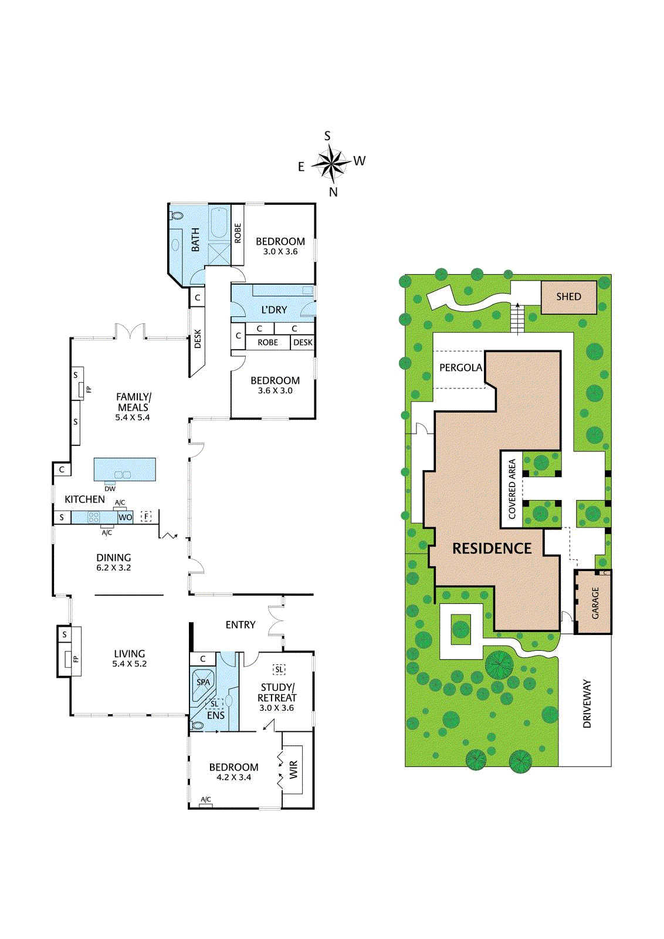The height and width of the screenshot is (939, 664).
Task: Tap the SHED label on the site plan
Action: tap(568, 297)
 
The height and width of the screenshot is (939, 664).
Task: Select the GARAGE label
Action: tap(595, 603)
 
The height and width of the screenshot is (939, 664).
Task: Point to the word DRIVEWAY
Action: tap(587, 704)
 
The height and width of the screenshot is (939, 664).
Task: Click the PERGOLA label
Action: tap(460, 368)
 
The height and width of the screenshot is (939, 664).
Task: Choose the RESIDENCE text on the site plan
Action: tap(492, 549)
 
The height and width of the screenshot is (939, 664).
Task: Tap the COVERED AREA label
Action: tap(512, 489)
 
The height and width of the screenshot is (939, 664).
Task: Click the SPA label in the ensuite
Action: tap(203, 683)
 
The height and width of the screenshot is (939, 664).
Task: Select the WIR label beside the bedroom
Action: tap(293, 769)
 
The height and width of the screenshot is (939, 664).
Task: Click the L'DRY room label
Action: tap(274, 310)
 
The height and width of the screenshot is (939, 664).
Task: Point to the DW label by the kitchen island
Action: tap(110, 489)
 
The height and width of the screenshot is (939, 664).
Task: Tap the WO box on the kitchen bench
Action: tap(125, 518)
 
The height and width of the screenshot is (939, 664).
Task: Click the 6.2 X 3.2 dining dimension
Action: tap(114, 568)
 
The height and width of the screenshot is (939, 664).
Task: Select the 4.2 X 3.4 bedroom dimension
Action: tap(233, 778)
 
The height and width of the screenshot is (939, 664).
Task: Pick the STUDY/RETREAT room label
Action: tap(277, 693)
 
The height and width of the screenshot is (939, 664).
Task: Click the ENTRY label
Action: tap(240, 625)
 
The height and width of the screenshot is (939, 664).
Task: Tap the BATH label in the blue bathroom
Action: tap(195, 240)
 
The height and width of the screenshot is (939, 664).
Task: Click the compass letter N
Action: tap(333, 192)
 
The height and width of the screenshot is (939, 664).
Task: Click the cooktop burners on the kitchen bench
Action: tap(94, 518)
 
